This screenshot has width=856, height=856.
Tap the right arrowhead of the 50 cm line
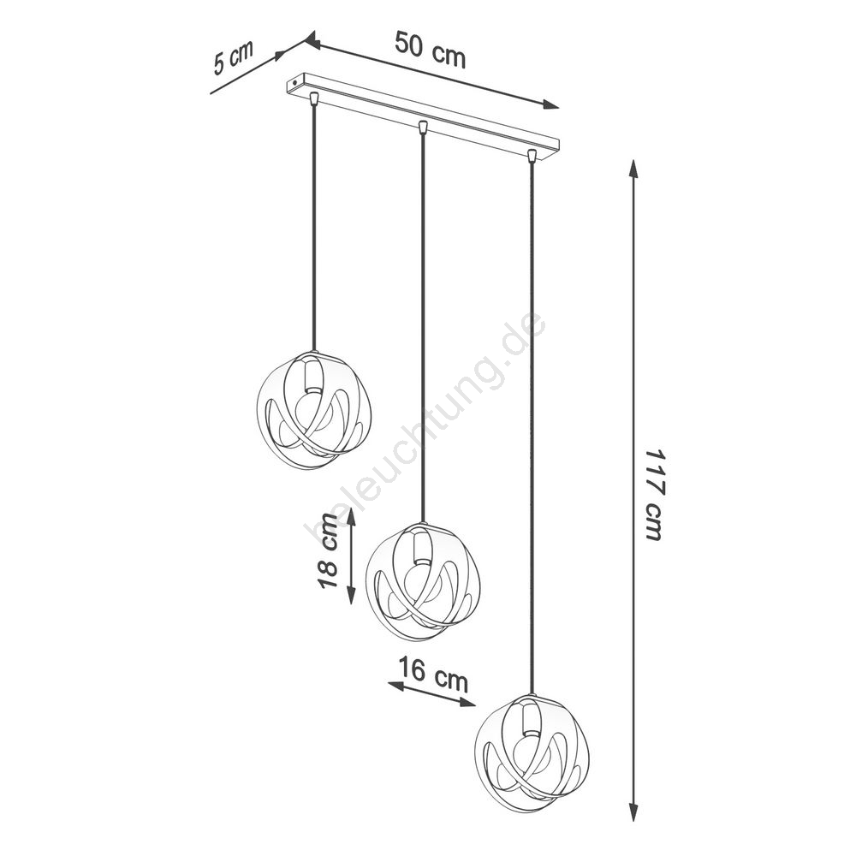coord(550,104)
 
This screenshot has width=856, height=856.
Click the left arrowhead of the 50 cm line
coord(312,40)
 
